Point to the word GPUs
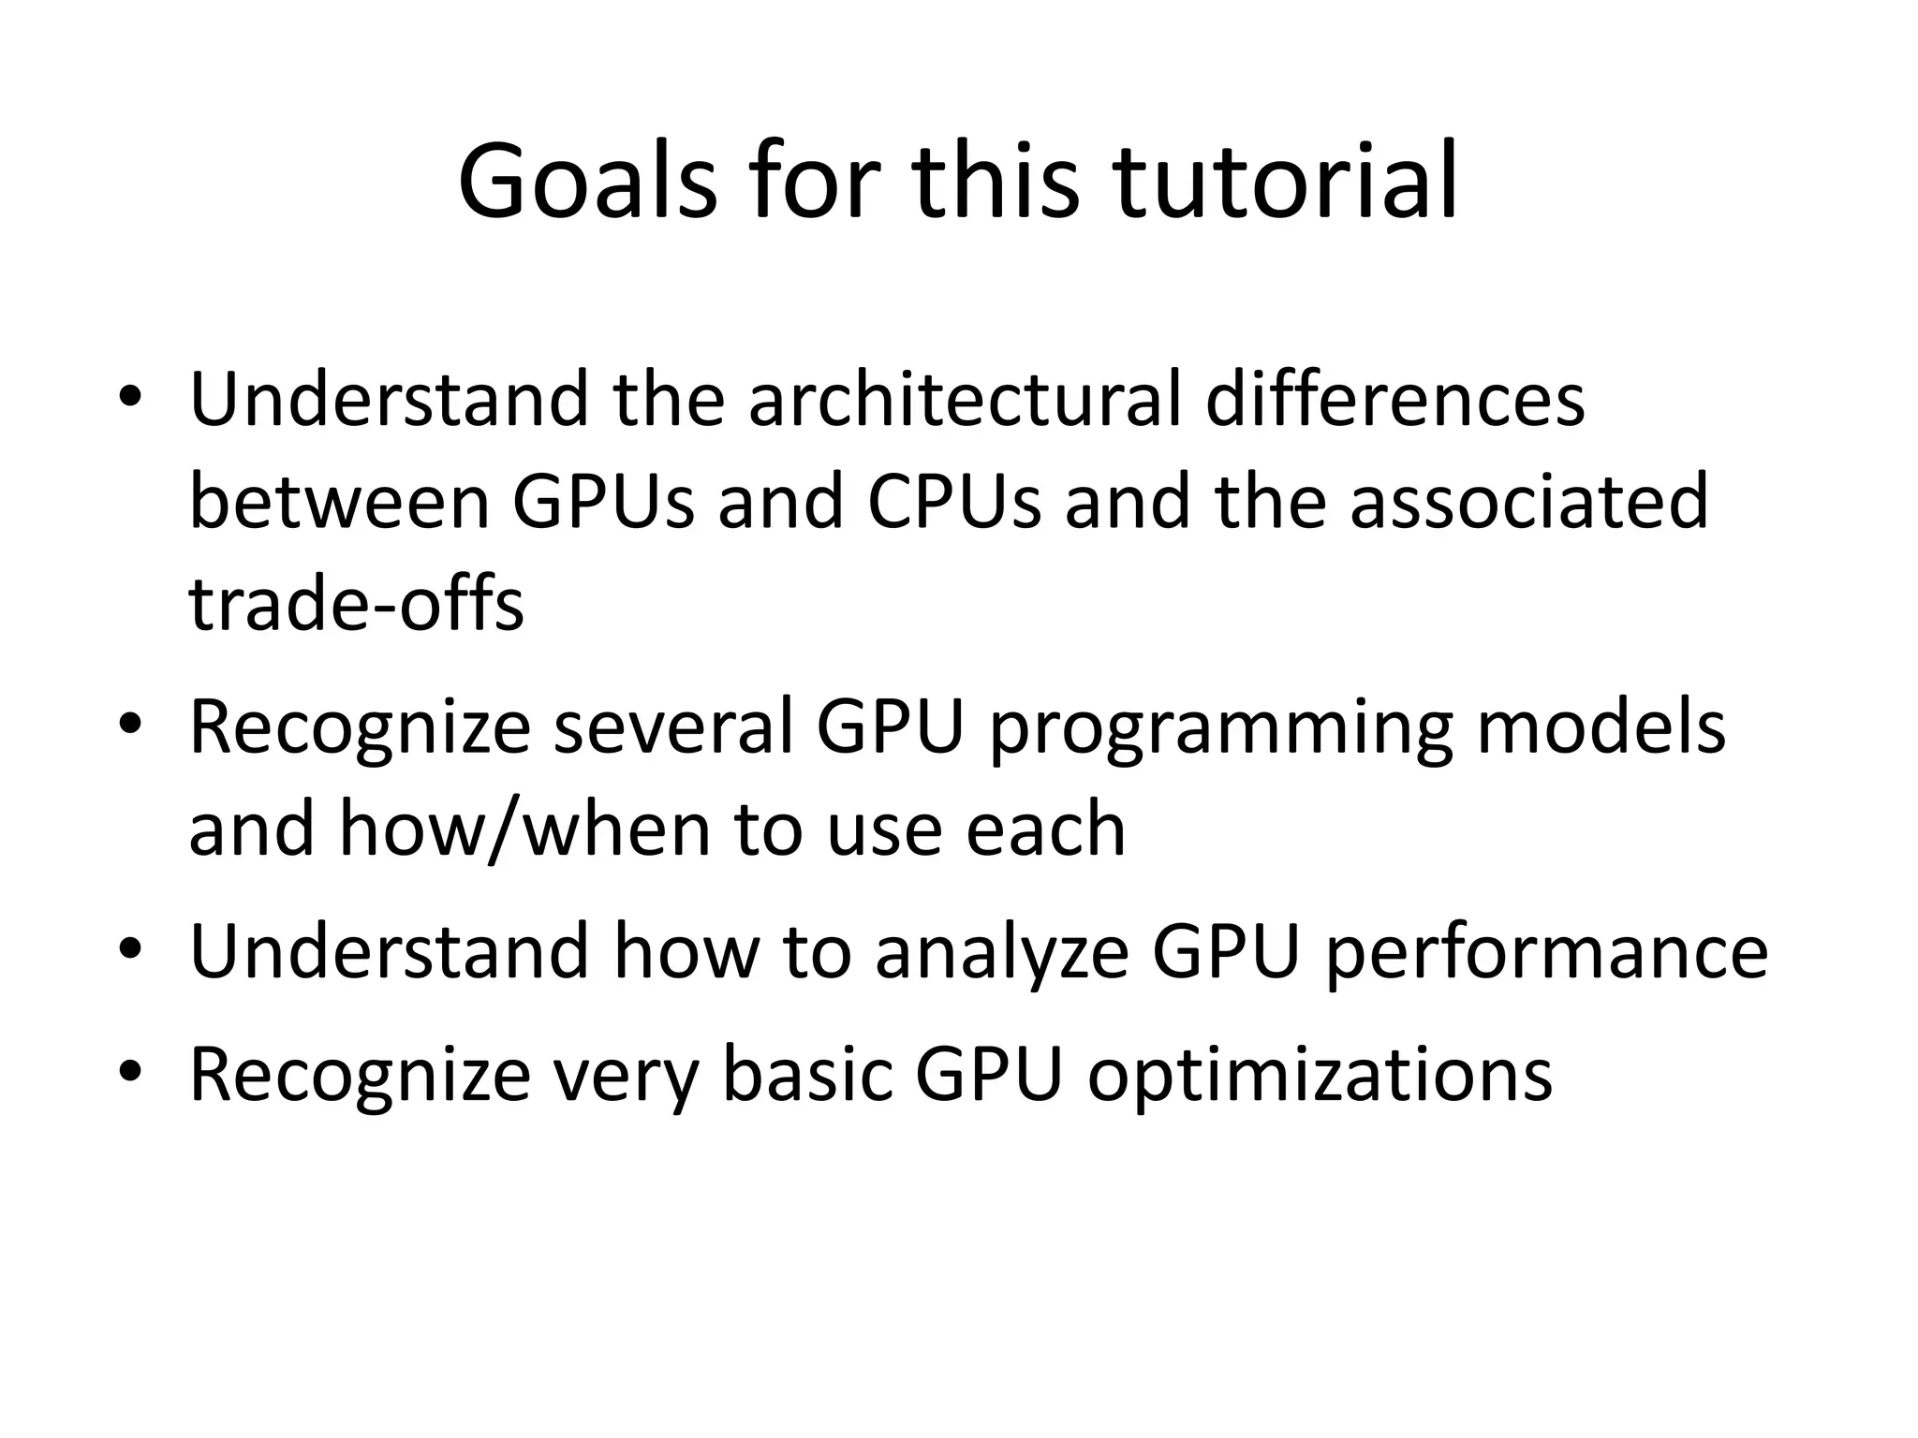point(603,502)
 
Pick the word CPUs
point(953,502)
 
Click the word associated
point(1528,502)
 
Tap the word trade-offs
point(356,604)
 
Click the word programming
point(1221,727)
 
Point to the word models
point(1601,727)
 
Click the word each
point(1045,829)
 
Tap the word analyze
point(1001,952)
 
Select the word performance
point(1546,952)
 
